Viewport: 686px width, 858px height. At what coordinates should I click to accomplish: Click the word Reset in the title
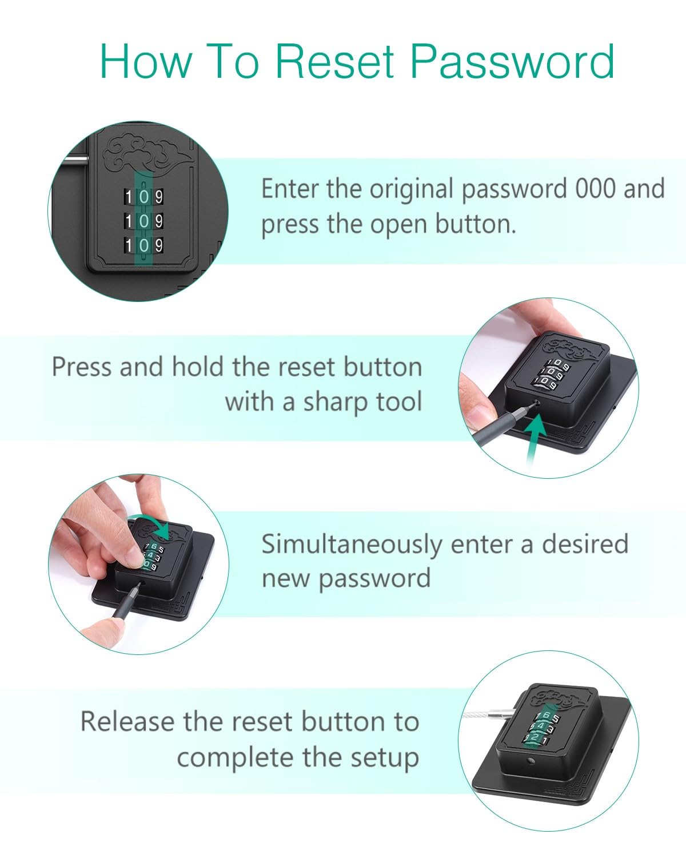tap(334, 61)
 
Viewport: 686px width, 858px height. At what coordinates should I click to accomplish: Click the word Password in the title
tap(512, 61)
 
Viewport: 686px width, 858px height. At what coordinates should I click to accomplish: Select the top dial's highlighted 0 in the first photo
tap(144, 197)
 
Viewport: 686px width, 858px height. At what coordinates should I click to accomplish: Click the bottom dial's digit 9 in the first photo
tap(159, 245)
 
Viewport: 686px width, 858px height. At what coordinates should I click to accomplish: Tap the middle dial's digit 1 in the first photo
tap(129, 221)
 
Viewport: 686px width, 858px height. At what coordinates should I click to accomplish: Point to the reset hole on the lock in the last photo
tap(530, 761)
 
